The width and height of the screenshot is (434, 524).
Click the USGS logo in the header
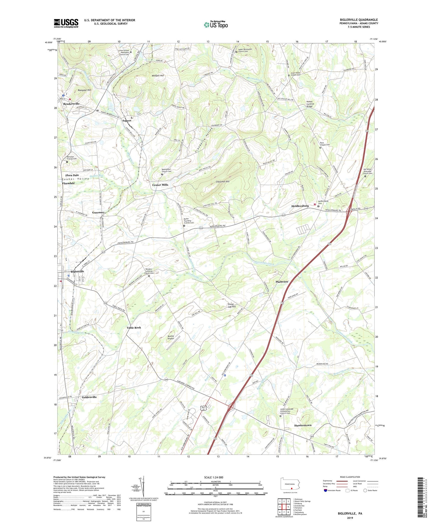pos(66,23)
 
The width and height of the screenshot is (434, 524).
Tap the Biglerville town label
pos(77,271)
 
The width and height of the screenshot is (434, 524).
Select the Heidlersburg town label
pos(300,206)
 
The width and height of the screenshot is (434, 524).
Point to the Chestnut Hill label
pos(222,182)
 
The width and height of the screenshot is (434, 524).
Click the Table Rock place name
pos(134,327)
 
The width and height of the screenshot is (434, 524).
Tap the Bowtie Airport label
pos(171,337)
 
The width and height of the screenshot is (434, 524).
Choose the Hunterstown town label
pos(303,425)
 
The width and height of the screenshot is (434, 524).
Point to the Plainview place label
pos(282,282)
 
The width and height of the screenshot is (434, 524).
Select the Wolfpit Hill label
pos(158,76)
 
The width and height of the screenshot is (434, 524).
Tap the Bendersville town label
pos(71,104)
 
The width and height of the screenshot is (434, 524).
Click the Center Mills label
pos(160,185)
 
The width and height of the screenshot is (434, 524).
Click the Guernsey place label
pos(98,212)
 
